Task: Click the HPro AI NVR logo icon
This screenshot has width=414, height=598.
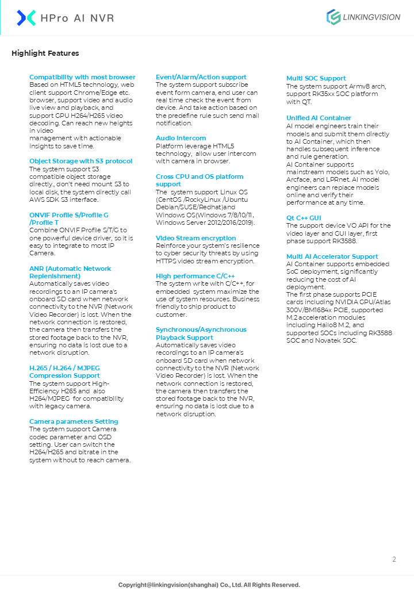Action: tap(26, 18)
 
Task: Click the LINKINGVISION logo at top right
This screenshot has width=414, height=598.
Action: tap(363, 17)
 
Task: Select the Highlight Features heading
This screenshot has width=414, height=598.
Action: tap(45, 53)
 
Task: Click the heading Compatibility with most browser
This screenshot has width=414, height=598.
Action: tap(82, 77)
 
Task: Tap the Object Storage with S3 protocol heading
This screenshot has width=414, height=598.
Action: tap(80, 161)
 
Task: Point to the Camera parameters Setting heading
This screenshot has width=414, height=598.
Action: tap(74, 421)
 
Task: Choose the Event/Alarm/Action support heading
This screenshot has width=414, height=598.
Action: tap(201, 77)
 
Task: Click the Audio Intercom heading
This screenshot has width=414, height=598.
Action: tap(181, 138)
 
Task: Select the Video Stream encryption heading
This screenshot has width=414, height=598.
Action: tap(195, 238)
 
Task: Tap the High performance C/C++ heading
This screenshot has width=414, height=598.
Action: tap(195, 276)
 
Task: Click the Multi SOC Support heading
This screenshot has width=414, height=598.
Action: tap(316, 78)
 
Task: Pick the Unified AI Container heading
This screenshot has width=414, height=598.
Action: tap(319, 118)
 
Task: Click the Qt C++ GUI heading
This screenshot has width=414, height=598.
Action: tap(304, 218)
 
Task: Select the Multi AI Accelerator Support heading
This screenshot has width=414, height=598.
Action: tap(332, 256)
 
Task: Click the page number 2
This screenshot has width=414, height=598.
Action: tap(394, 559)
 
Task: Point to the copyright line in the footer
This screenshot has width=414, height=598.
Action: tap(209, 585)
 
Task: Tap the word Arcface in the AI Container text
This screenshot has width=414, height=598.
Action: tap(298, 179)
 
